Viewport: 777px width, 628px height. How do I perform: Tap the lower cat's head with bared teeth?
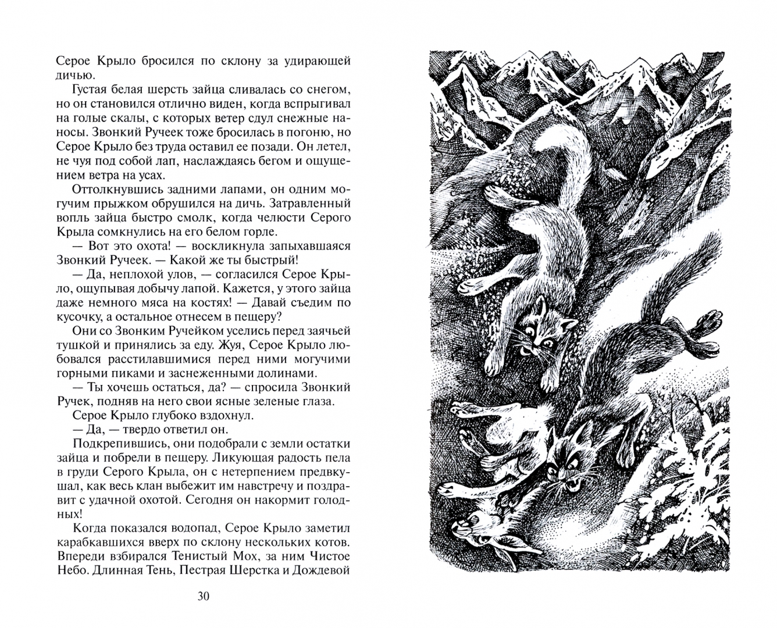[x=561, y=459]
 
